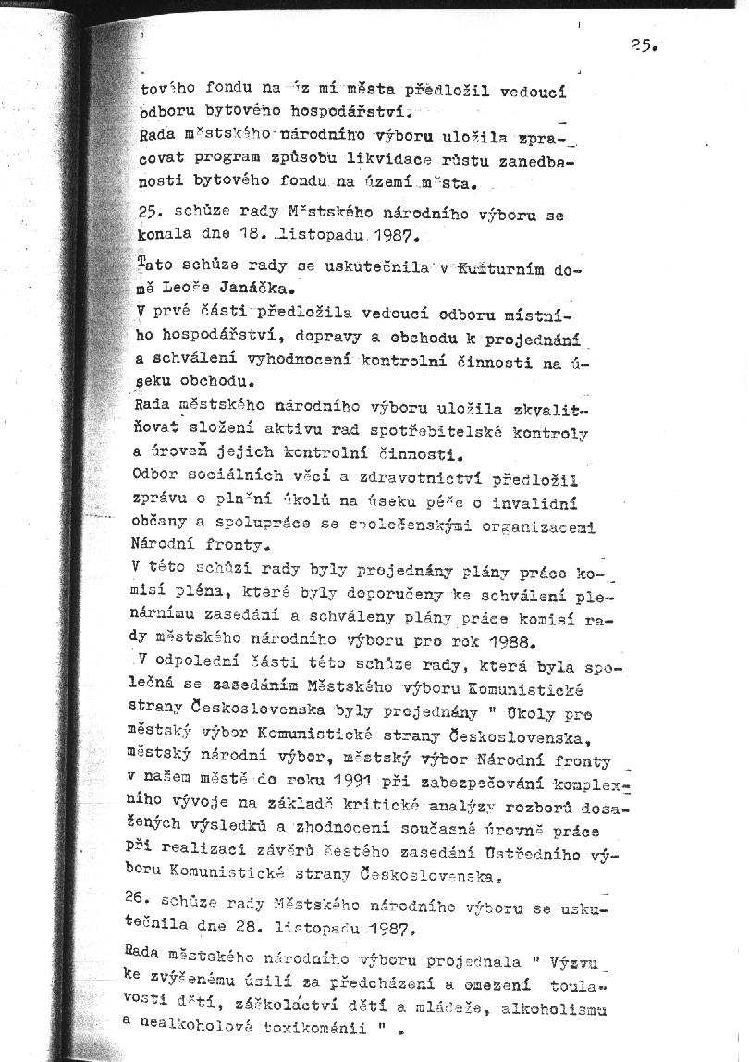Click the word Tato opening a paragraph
[153, 266]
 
